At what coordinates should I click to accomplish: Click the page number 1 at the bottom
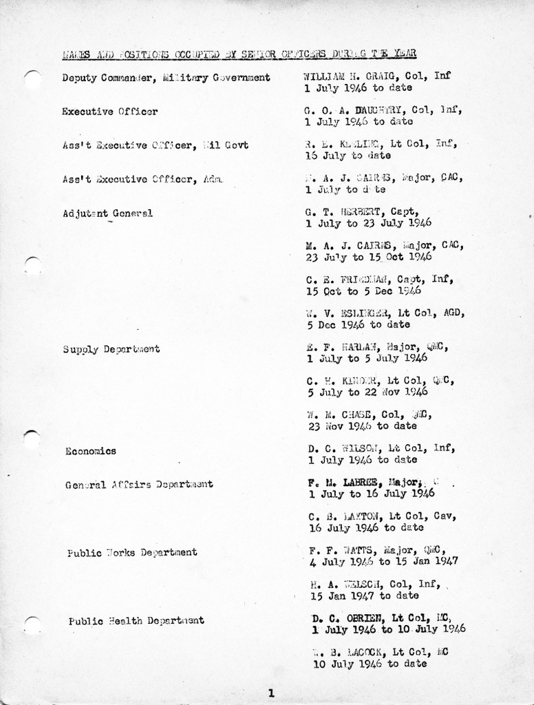coord(271,693)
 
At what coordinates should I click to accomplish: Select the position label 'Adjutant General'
coord(107,213)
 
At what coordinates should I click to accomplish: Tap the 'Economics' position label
coord(90,452)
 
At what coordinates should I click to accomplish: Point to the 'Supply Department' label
coord(111,349)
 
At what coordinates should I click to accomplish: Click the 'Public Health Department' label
coord(136,620)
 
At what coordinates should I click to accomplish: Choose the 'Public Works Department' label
coord(132,552)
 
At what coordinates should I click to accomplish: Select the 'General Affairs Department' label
coord(139,485)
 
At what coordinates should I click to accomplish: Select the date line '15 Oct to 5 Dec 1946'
coord(365,291)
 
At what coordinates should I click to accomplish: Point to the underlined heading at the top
coord(238,53)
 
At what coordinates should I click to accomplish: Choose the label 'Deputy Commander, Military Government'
coord(166,78)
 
